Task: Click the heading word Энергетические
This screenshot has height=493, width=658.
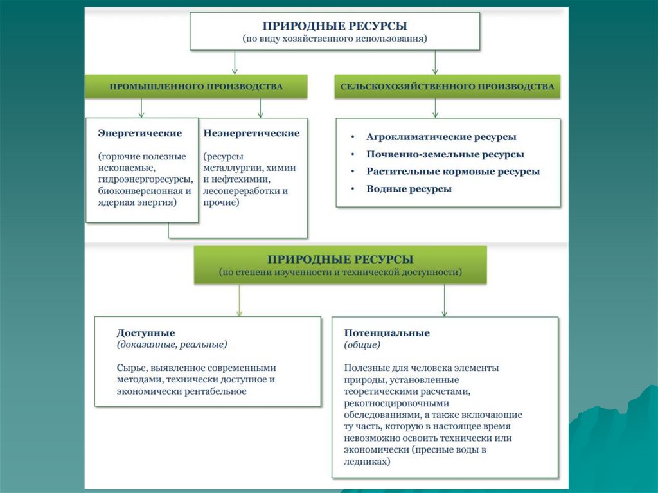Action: tap(139, 134)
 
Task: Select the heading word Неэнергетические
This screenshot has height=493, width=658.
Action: tap(251, 134)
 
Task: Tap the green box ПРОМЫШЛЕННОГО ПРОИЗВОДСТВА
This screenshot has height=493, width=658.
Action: tap(196, 86)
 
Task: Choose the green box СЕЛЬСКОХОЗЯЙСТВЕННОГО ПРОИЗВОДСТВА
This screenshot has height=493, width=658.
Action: tap(447, 86)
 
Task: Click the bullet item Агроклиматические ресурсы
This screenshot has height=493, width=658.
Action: tap(441, 137)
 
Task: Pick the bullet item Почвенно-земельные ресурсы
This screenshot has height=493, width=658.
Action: tap(445, 154)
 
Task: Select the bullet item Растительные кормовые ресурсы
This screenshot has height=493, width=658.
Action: tap(453, 172)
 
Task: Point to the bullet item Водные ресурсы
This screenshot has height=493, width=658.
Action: tap(409, 189)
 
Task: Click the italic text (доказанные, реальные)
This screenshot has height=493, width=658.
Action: tap(172, 345)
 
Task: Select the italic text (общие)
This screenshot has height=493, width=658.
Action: tap(362, 345)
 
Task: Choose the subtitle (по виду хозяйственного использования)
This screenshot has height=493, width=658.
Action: tap(335, 39)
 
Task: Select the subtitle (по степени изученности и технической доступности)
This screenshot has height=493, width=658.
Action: tap(341, 272)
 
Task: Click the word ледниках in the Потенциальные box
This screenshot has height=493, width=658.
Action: tap(366, 461)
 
